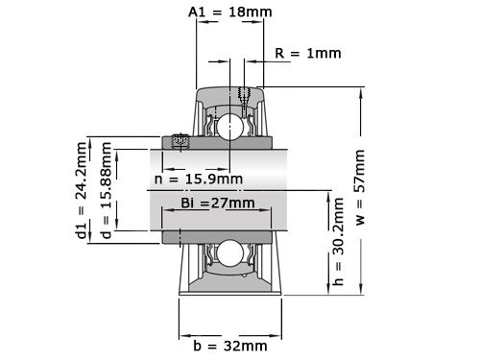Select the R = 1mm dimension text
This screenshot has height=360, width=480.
tap(307, 54)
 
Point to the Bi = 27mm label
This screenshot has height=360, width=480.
tap(218, 203)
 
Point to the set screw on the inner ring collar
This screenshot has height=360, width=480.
tap(179, 142)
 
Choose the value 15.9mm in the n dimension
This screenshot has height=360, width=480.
tap(217, 179)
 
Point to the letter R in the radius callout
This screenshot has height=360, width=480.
tap(278, 54)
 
